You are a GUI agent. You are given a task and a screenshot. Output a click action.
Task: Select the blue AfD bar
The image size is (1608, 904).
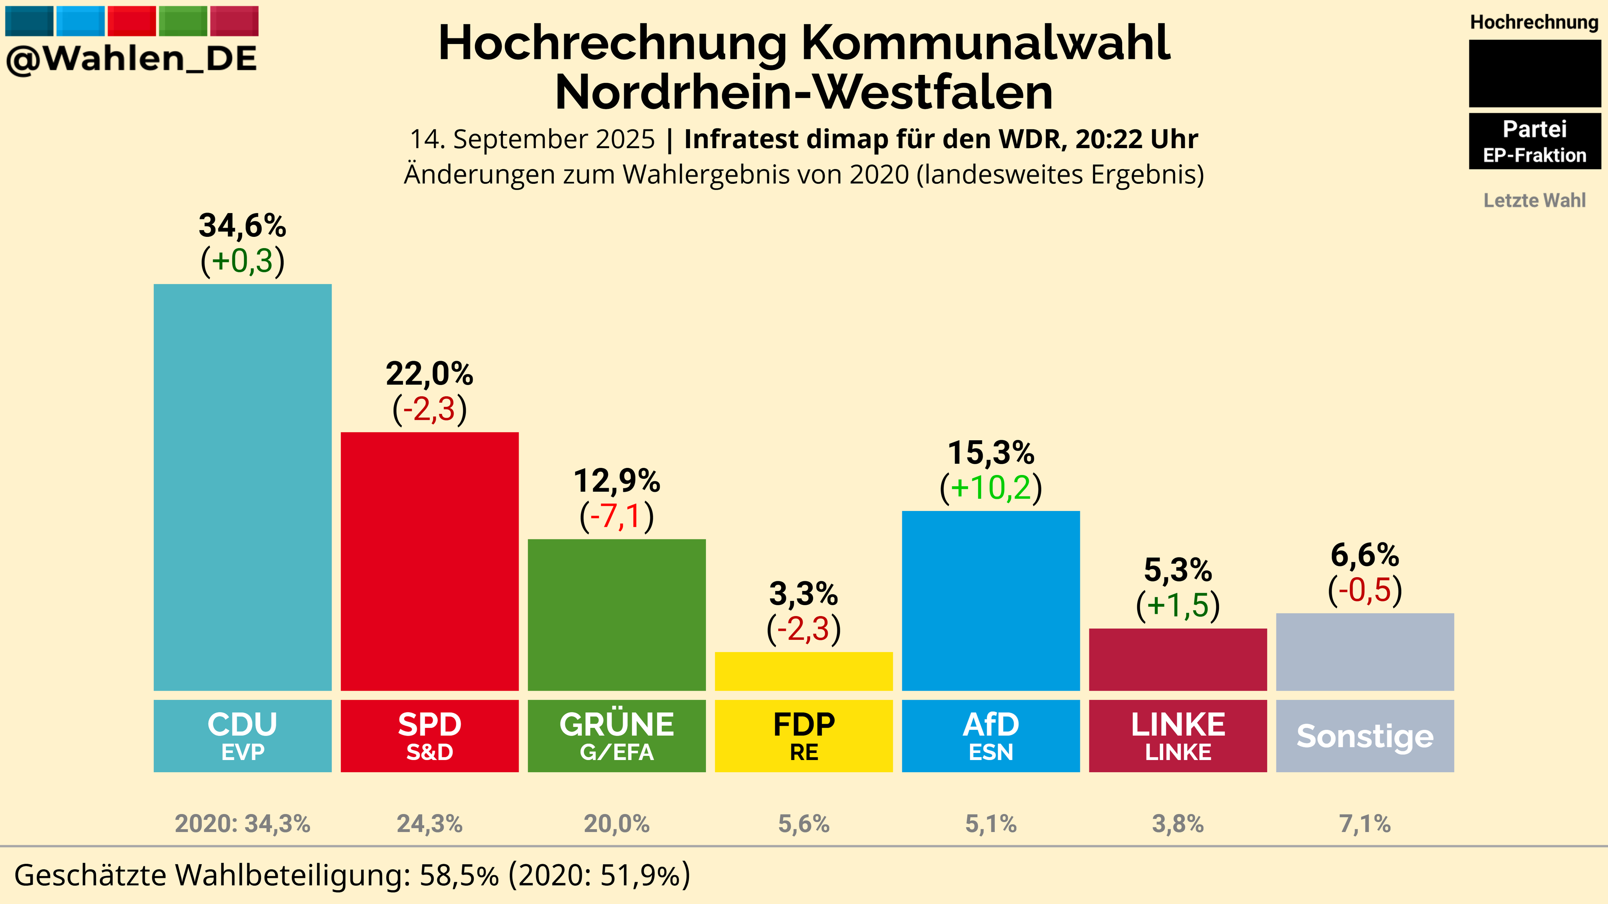click(x=991, y=600)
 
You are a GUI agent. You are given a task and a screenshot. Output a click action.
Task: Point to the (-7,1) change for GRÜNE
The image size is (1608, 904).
click(x=617, y=516)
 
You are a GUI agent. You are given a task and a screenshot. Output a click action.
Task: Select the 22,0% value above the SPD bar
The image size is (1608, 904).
click(x=429, y=374)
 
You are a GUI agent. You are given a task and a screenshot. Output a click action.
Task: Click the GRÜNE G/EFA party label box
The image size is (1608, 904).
click(x=617, y=736)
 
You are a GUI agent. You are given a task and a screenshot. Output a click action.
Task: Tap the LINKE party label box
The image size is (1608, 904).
click(x=1178, y=736)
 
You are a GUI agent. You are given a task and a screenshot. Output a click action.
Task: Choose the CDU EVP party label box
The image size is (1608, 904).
click(x=242, y=736)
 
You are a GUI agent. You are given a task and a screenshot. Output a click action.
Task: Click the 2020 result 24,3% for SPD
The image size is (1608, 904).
click(x=429, y=824)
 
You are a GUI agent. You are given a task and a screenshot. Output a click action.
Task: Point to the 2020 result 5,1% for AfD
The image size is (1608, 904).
click(x=991, y=824)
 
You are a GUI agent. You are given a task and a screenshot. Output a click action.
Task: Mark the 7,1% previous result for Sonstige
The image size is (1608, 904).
click(x=1365, y=824)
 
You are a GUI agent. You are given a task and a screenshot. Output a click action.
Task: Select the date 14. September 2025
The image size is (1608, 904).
click(x=532, y=139)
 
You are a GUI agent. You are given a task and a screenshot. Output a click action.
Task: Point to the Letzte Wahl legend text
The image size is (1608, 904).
click(x=1534, y=200)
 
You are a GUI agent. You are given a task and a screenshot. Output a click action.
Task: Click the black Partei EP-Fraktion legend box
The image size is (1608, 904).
click(x=1534, y=141)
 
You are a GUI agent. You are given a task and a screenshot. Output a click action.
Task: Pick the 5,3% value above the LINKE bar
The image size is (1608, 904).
click(x=1178, y=570)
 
